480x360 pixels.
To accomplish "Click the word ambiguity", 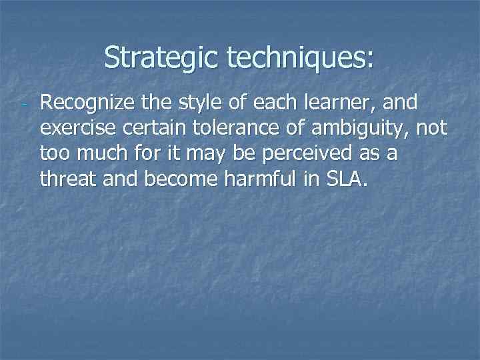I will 354,128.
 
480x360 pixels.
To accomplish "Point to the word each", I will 261,103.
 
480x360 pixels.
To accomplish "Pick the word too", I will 56,153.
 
